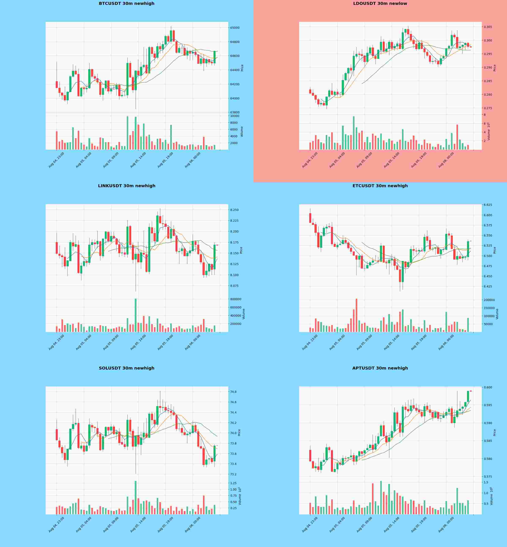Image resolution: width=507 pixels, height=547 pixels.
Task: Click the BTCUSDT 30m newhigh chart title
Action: [127, 4]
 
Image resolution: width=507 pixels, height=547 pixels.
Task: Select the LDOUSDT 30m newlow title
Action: [380, 4]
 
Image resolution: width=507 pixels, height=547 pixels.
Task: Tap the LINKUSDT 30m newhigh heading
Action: [127, 186]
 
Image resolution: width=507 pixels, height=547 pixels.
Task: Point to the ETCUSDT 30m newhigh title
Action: [380, 186]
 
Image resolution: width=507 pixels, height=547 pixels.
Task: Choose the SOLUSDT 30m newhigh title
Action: [127, 368]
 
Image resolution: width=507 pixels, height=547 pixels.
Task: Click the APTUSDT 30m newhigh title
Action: [380, 368]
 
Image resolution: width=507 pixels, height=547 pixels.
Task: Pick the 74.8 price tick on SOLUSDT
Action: [233, 392]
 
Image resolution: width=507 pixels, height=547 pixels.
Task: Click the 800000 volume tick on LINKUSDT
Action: [236, 299]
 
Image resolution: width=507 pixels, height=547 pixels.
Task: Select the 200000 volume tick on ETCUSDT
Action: [489, 300]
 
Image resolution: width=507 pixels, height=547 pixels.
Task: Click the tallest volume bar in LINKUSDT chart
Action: [136, 315]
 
